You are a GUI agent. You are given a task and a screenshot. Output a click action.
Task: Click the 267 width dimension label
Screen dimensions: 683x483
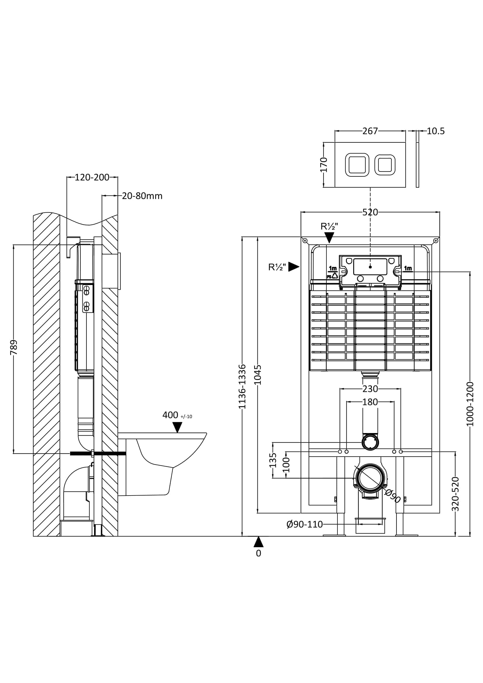click(370, 131)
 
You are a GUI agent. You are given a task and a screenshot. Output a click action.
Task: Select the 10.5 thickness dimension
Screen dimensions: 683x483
click(435, 131)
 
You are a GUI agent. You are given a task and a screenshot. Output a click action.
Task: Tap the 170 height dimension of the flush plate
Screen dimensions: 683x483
click(324, 165)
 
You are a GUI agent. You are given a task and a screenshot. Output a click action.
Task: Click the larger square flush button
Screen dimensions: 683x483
click(357, 164)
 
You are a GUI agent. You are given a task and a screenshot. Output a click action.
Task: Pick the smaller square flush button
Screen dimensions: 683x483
click(385, 164)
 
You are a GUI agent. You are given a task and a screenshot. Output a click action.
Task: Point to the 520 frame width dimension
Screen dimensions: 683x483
click(370, 212)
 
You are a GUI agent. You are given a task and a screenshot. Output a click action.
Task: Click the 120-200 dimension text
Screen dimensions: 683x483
click(92, 177)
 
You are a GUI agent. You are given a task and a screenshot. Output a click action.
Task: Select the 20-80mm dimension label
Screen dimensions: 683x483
click(142, 196)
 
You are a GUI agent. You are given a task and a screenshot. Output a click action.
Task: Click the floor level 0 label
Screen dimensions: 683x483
click(258, 553)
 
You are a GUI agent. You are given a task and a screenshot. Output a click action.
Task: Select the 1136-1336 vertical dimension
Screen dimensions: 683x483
click(242, 386)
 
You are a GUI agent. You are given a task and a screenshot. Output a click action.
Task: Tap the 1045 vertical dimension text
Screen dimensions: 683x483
click(258, 375)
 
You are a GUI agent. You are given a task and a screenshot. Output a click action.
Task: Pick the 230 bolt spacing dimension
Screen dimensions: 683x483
click(370, 389)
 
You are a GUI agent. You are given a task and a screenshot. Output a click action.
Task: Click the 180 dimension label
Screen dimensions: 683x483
click(370, 402)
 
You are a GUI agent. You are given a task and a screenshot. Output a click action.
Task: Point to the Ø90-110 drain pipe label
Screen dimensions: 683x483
click(304, 524)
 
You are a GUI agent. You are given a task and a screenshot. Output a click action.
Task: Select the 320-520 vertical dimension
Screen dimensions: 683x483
click(455, 494)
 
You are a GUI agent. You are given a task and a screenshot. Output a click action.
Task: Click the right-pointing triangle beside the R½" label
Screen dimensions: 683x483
click(293, 267)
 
